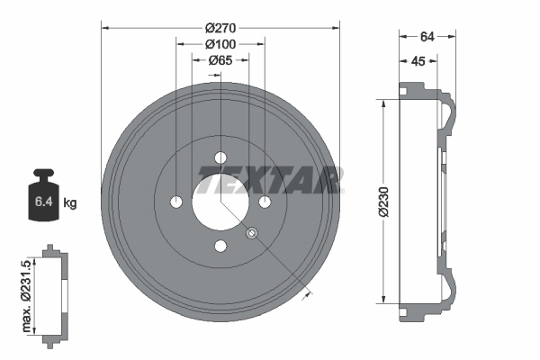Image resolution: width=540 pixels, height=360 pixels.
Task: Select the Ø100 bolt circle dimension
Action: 220,43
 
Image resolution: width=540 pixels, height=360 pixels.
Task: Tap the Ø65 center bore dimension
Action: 220,61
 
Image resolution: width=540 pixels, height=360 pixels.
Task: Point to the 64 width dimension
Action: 427,37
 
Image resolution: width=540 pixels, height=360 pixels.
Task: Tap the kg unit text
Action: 70,203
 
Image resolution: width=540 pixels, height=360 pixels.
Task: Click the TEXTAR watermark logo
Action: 270,182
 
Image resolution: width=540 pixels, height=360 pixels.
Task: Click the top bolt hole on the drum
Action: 220,158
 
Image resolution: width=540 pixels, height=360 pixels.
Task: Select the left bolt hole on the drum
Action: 176,202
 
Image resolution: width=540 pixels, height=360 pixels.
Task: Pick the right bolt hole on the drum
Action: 265,202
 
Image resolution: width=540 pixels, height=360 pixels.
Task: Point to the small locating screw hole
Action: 252,234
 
